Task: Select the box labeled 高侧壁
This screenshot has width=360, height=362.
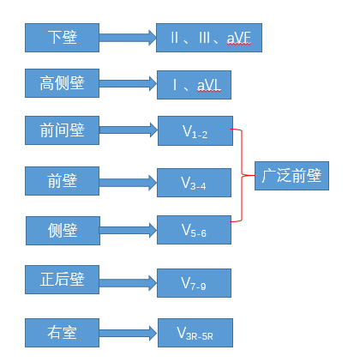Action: [63, 83]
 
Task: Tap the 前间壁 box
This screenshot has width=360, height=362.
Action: [63, 130]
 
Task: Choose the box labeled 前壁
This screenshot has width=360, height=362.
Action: [63, 180]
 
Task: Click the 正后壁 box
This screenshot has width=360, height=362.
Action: [63, 279]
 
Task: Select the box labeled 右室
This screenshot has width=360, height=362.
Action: [63, 330]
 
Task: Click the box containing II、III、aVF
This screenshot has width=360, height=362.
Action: [208, 39]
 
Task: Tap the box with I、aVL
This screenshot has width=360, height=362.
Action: [195, 86]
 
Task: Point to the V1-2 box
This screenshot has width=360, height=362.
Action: [195, 131]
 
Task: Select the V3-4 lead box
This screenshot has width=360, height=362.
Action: [195, 182]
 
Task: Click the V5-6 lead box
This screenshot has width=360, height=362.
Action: [195, 230]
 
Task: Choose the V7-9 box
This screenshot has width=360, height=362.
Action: [195, 282]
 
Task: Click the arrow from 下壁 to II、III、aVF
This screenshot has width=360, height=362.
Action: [129, 38]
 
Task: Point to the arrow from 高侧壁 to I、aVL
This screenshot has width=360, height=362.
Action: [129, 84]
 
